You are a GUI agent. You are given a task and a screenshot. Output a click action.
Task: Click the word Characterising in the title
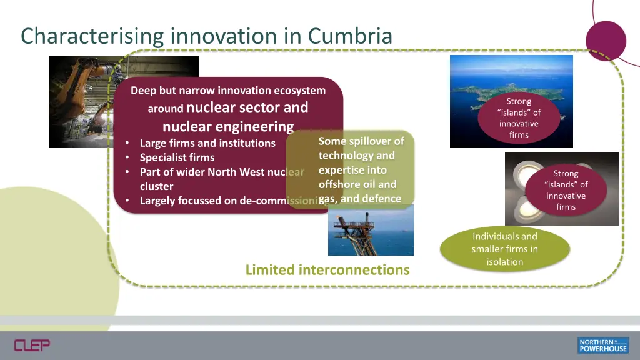pyautogui.click(x=92, y=36)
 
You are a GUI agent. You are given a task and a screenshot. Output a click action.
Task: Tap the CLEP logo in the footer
pyautogui.click(x=32, y=345)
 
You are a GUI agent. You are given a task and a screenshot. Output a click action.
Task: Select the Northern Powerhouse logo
pyautogui.click(x=602, y=345)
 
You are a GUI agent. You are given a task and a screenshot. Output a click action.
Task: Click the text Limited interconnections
pyautogui.click(x=327, y=270)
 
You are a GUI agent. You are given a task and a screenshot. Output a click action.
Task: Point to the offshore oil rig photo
pyautogui.click(x=371, y=231)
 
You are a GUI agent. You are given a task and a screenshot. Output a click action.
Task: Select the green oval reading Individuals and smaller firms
pyautogui.click(x=505, y=249)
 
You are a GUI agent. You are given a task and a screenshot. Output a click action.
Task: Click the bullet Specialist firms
pyautogui.click(x=177, y=157)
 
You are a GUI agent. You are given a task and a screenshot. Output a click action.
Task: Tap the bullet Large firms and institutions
pyautogui.click(x=207, y=143)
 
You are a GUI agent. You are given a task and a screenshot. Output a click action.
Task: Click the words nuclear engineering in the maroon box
pyautogui.click(x=228, y=126)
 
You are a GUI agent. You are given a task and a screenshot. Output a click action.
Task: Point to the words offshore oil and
pyautogui.click(x=357, y=184)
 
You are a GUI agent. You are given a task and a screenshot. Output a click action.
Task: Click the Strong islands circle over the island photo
pyautogui.click(x=519, y=117)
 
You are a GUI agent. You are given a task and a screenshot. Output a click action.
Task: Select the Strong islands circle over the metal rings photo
pyautogui.click(x=566, y=190)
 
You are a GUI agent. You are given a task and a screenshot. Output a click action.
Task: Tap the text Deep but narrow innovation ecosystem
pyautogui.click(x=228, y=91)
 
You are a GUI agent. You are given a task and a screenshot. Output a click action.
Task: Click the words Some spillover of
pyautogui.click(x=361, y=141)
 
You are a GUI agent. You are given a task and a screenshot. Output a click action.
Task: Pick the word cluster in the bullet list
pyautogui.click(x=156, y=186)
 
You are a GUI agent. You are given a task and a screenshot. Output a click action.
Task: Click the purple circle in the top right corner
pyautogui.click(x=606, y=41)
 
